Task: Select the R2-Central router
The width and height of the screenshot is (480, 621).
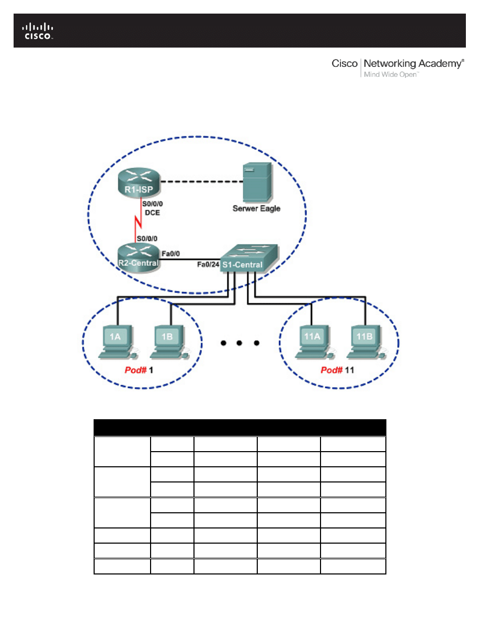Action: [x=138, y=257]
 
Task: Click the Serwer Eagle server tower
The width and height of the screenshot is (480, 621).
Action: [x=257, y=182]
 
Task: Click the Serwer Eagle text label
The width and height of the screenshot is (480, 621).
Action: [x=257, y=208]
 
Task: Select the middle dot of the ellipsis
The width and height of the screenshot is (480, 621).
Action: [x=239, y=343]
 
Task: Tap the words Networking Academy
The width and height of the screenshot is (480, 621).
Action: [x=413, y=64]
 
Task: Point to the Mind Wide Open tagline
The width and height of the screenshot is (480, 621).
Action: [x=391, y=75]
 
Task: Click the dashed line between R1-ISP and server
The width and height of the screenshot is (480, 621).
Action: [x=202, y=182]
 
